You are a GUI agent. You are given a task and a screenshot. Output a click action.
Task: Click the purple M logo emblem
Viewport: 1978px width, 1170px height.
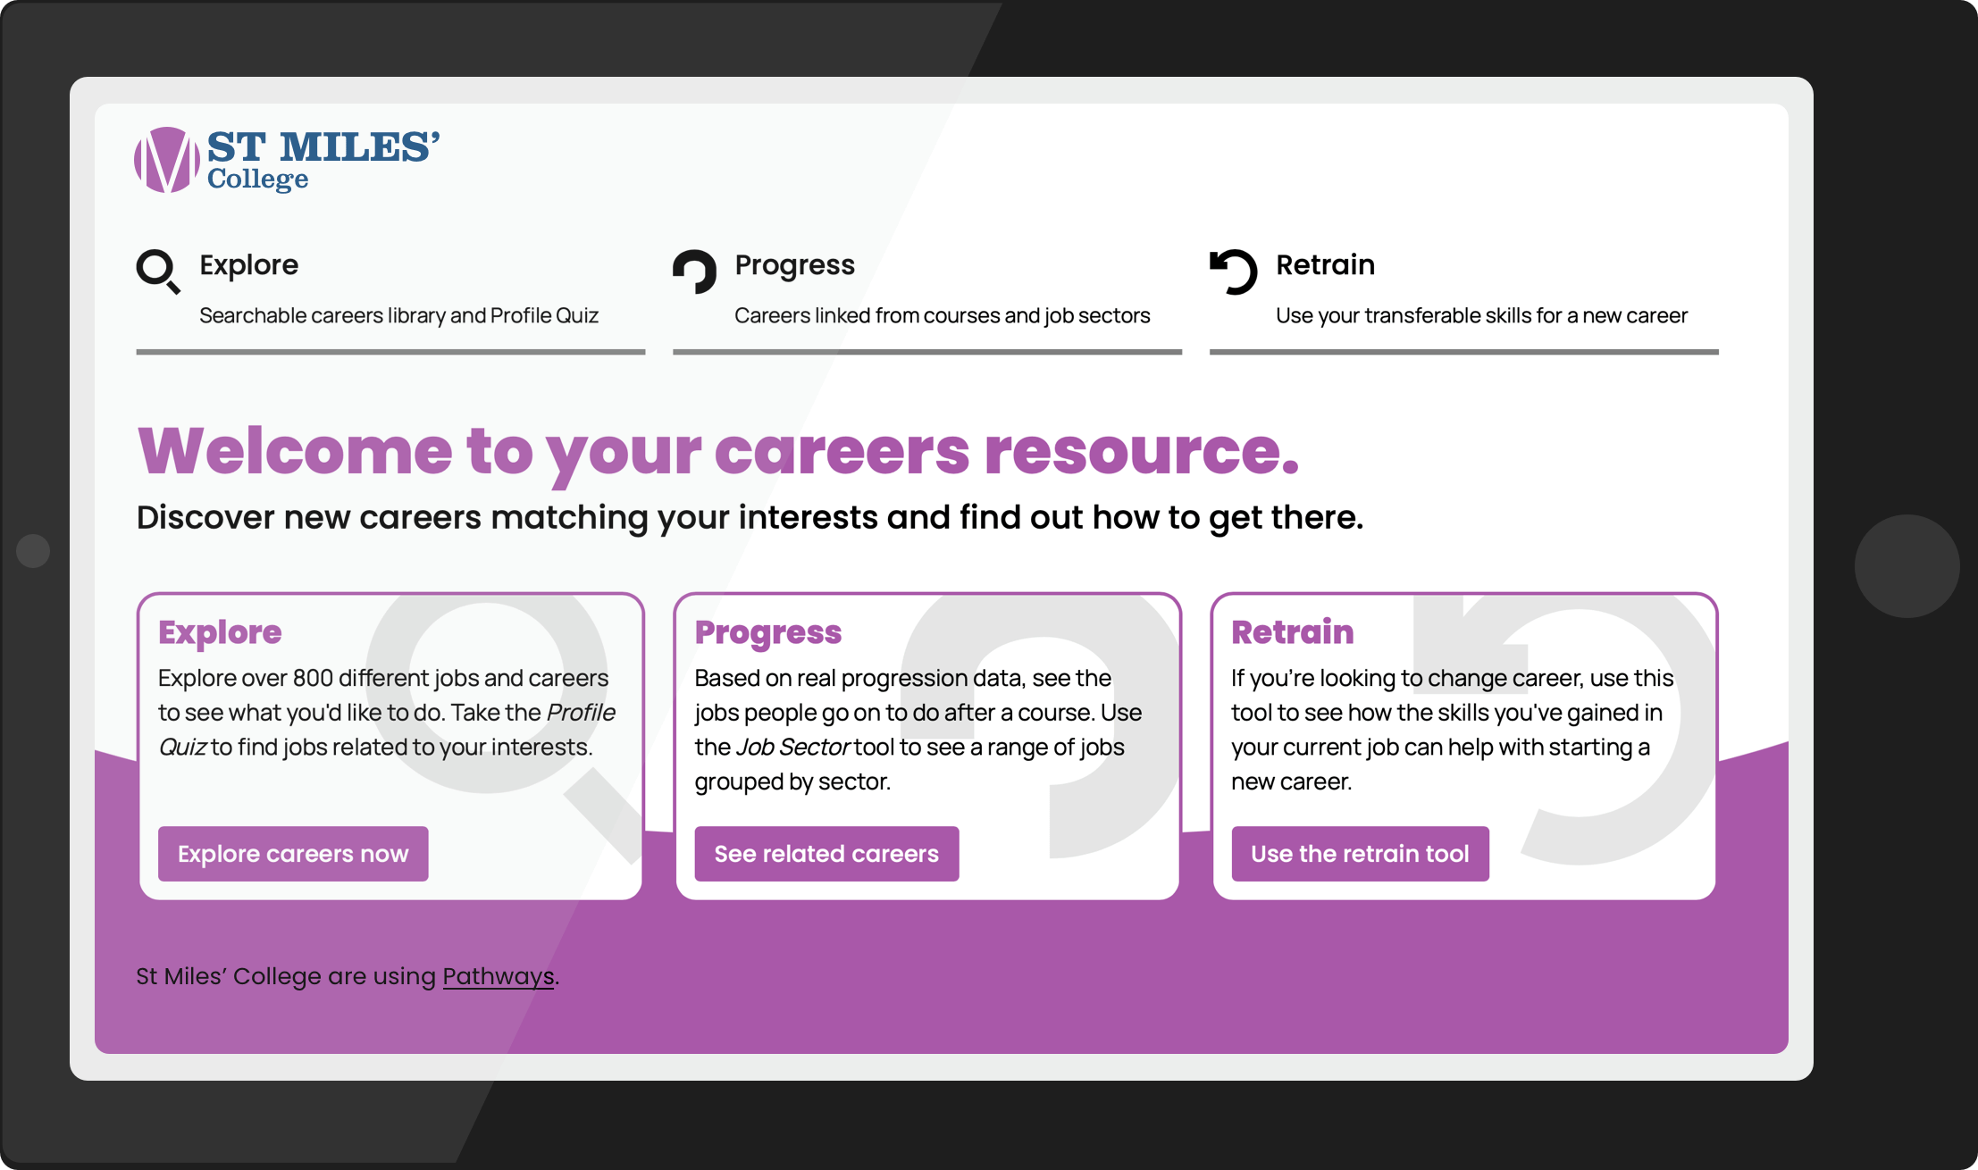tap(167, 160)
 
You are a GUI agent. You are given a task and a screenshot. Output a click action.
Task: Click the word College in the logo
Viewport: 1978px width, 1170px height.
tap(258, 180)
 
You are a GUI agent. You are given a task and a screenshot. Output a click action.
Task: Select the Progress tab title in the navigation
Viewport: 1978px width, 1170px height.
tap(794, 265)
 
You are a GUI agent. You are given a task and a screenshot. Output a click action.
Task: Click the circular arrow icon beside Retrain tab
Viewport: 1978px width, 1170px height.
tap(1233, 271)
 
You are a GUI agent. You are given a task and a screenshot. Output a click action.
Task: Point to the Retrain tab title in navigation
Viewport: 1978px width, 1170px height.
tap(1325, 264)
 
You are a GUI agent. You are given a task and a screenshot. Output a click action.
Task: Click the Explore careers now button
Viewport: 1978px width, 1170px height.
tap(293, 854)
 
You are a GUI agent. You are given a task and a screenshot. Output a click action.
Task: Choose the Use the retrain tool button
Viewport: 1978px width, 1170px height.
tap(1360, 854)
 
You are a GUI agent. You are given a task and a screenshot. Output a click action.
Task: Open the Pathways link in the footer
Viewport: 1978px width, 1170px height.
tap(499, 976)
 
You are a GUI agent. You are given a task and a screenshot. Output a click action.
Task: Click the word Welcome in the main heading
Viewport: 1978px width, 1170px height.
tap(296, 451)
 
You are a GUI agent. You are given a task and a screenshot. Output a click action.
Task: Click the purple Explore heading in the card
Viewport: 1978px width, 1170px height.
tap(220, 632)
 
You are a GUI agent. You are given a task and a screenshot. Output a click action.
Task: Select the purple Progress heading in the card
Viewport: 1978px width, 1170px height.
tap(768, 632)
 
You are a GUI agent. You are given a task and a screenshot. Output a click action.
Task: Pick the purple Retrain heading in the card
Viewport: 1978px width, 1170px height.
tap(1293, 631)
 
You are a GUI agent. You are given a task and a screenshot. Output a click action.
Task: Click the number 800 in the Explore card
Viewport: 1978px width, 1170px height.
tap(313, 678)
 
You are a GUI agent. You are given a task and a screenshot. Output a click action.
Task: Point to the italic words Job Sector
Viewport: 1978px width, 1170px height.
tap(792, 747)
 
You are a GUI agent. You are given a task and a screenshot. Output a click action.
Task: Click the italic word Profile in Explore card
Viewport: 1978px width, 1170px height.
tap(581, 712)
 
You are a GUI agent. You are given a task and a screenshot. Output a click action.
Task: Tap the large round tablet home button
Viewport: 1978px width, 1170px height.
tap(1907, 566)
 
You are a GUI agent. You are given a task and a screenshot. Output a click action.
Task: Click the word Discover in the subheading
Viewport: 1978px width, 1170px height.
tap(205, 517)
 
